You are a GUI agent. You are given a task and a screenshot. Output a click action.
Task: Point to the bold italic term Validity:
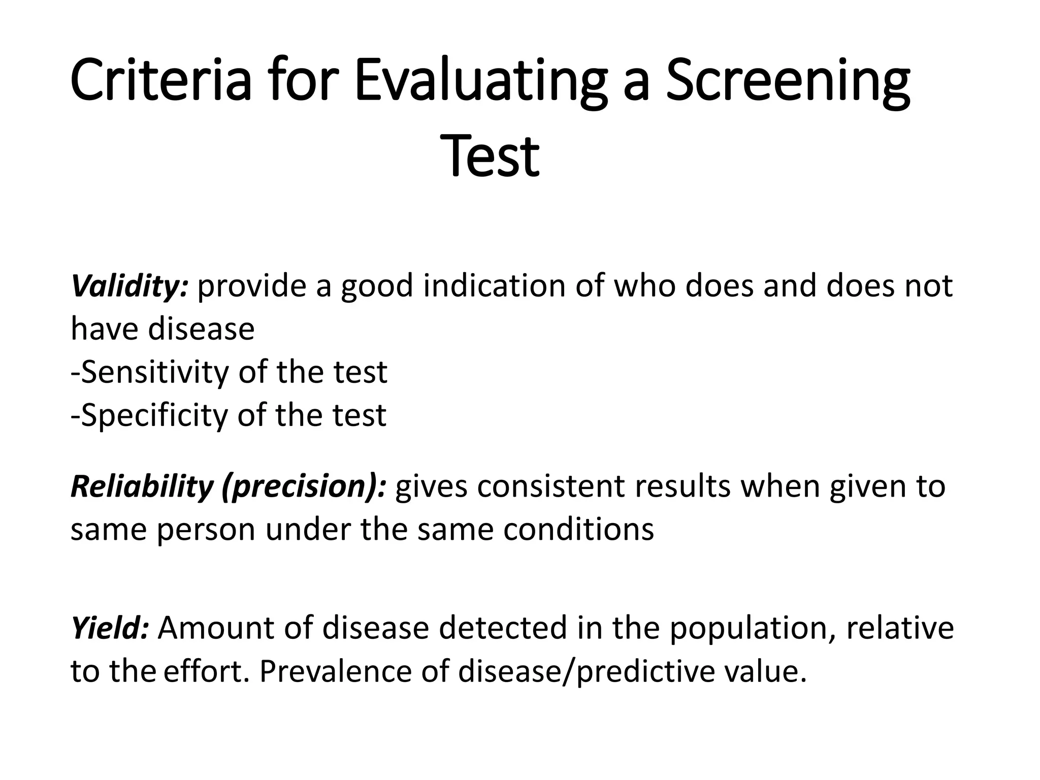pos(130,286)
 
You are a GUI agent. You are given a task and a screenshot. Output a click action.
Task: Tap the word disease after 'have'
pos(201,329)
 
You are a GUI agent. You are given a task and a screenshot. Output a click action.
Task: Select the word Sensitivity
pos(154,372)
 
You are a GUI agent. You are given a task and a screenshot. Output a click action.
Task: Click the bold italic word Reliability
pos(142,486)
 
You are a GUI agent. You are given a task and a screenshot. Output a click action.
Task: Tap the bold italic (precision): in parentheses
pos(304,486)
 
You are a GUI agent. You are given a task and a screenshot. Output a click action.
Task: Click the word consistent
pos(550,486)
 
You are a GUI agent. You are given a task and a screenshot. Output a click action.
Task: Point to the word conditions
pos(578,529)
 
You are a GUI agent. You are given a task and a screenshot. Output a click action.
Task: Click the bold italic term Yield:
pos(110,627)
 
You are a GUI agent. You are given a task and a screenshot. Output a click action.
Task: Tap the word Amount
pos(216,627)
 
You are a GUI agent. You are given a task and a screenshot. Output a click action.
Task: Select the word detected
pos(502,627)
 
